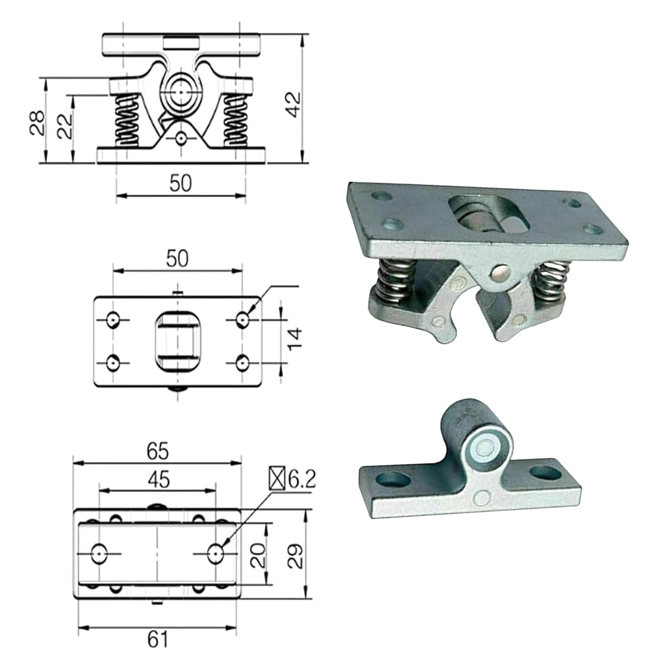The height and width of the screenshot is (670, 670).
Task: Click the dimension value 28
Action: click(38, 122)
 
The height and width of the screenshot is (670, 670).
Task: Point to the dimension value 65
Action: click(158, 451)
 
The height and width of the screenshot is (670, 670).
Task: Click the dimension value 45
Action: click(159, 479)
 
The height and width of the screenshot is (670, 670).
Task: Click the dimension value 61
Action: click(158, 639)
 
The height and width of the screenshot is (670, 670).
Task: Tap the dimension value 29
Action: click(296, 556)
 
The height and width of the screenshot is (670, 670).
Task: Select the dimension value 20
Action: click(258, 555)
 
